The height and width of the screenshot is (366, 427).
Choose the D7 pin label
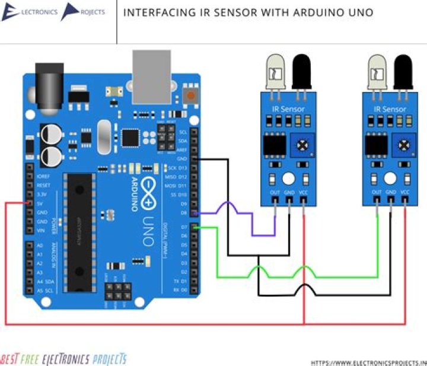pyautogui.click(x=183, y=227)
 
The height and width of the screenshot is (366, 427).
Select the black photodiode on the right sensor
pyautogui.click(x=404, y=70)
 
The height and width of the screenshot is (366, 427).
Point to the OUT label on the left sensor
pyautogui.click(x=275, y=192)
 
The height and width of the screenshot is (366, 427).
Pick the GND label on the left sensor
pyautogui.click(x=289, y=192)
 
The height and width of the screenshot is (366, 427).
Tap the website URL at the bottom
pyautogui.click(x=368, y=362)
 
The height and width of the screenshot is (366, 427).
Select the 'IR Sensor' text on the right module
pyautogui.click(x=390, y=109)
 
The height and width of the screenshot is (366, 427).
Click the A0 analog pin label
pyautogui.click(x=40, y=245)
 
